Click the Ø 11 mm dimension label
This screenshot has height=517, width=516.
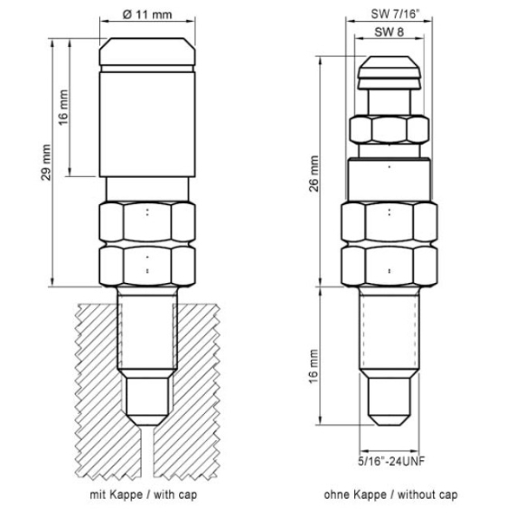point(147,14)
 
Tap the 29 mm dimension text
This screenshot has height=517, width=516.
point(46,163)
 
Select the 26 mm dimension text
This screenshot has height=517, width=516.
point(314,174)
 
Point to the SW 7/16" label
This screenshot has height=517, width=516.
point(395,14)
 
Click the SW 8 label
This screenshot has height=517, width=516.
point(389,32)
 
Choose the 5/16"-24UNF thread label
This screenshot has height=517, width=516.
point(391,461)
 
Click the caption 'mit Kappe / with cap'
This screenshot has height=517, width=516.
point(144,494)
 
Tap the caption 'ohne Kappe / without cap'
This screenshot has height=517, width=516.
point(390,494)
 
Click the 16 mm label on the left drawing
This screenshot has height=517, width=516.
point(63,108)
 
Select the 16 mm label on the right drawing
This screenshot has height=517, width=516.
point(314,367)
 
